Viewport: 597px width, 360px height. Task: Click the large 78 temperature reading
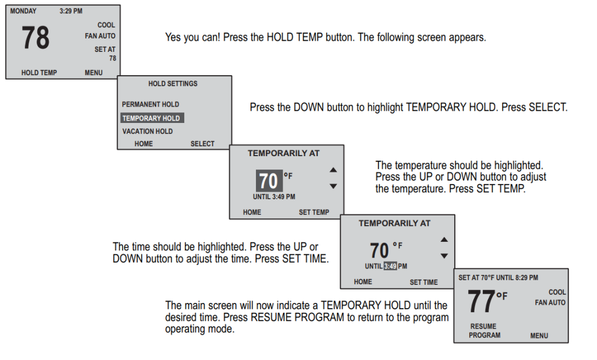pos(36,38)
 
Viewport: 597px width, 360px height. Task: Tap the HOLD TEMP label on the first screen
pos(39,73)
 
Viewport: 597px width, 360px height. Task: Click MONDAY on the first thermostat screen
pos(23,11)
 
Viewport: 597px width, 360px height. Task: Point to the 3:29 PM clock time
pos(71,11)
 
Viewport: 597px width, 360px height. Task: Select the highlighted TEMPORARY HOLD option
pos(151,118)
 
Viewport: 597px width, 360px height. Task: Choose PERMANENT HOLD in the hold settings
pos(150,104)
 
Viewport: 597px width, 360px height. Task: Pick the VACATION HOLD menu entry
pos(148,132)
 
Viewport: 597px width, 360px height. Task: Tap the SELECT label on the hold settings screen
pos(202,144)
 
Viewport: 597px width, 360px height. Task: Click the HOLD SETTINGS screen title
pos(173,84)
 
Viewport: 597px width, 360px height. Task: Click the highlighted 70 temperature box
pos(269,181)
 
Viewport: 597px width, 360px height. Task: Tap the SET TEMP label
pos(314,213)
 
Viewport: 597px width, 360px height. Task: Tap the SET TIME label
pos(423,283)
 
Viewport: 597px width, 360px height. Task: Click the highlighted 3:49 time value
pos(390,266)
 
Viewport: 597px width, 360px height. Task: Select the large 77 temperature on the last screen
pos(482,302)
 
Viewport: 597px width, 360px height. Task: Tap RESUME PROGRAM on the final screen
pos(484,331)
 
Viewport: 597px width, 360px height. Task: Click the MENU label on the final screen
pos(539,336)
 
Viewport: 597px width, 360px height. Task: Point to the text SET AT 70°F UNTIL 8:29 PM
pos(498,278)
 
